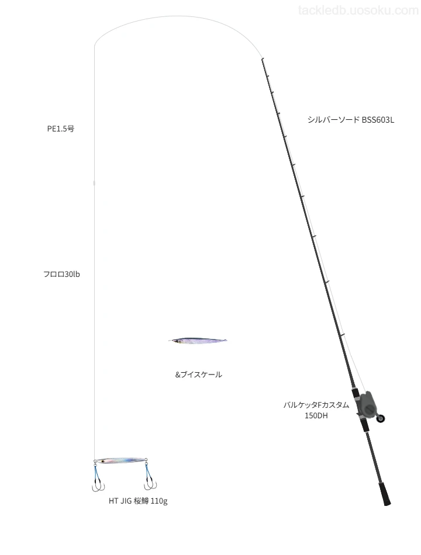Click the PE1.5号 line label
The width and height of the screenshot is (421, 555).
point(61,129)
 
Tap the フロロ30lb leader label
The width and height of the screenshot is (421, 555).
point(61,275)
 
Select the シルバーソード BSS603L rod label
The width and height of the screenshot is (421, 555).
point(351,120)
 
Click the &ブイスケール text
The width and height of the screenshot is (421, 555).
point(198,374)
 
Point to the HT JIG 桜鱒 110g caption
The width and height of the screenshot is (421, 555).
point(138,501)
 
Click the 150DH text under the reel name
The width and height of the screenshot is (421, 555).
point(316,415)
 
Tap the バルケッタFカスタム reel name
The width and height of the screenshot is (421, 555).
point(316,405)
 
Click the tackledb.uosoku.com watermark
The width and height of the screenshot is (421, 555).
point(358,11)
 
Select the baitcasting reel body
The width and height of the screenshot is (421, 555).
point(366,404)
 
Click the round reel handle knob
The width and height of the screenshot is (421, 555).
point(381,419)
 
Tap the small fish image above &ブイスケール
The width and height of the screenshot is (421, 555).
point(198,341)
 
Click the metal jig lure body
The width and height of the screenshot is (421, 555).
point(120,460)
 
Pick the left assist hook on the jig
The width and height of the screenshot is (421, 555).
point(98,478)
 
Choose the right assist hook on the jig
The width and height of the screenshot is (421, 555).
point(149,476)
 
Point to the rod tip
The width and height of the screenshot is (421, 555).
point(262,59)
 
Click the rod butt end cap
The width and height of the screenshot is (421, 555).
point(387,503)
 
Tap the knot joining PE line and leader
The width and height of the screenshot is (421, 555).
point(94,183)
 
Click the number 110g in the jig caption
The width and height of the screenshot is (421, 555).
point(159,501)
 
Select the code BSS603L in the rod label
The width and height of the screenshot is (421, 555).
point(378,120)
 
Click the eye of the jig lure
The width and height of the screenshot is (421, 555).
point(102,461)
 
